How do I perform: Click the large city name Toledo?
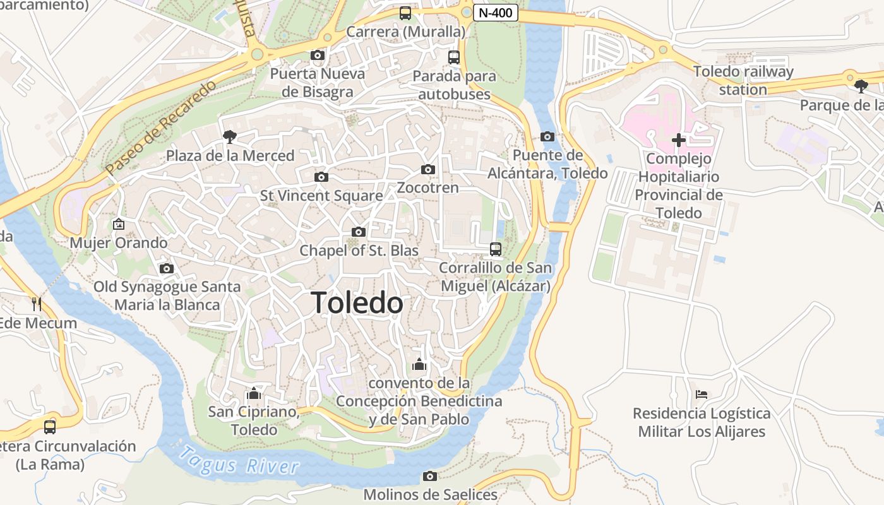pos(357,303)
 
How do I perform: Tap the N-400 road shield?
pos(495,13)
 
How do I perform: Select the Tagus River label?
pos(239,461)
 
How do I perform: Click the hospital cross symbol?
pos(678,140)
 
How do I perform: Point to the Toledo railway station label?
pos(743,80)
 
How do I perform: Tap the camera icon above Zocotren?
pos(428,169)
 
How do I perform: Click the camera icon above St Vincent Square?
pos(321,177)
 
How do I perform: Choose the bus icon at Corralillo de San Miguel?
pos(496,249)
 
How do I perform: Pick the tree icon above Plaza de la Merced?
pos(229,136)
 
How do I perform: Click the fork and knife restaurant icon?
pos(37,304)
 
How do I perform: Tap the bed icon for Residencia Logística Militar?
pos(701,395)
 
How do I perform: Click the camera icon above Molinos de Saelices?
pos(430,476)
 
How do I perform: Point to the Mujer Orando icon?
pos(118,224)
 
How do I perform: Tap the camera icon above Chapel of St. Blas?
pos(359,232)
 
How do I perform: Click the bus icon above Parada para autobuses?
pos(454,57)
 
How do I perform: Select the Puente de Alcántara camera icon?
pos(547,136)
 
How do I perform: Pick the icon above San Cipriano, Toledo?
pos(254,394)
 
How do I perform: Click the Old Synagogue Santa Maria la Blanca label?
pos(167,295)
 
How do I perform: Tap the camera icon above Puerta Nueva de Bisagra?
pos(318,56)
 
